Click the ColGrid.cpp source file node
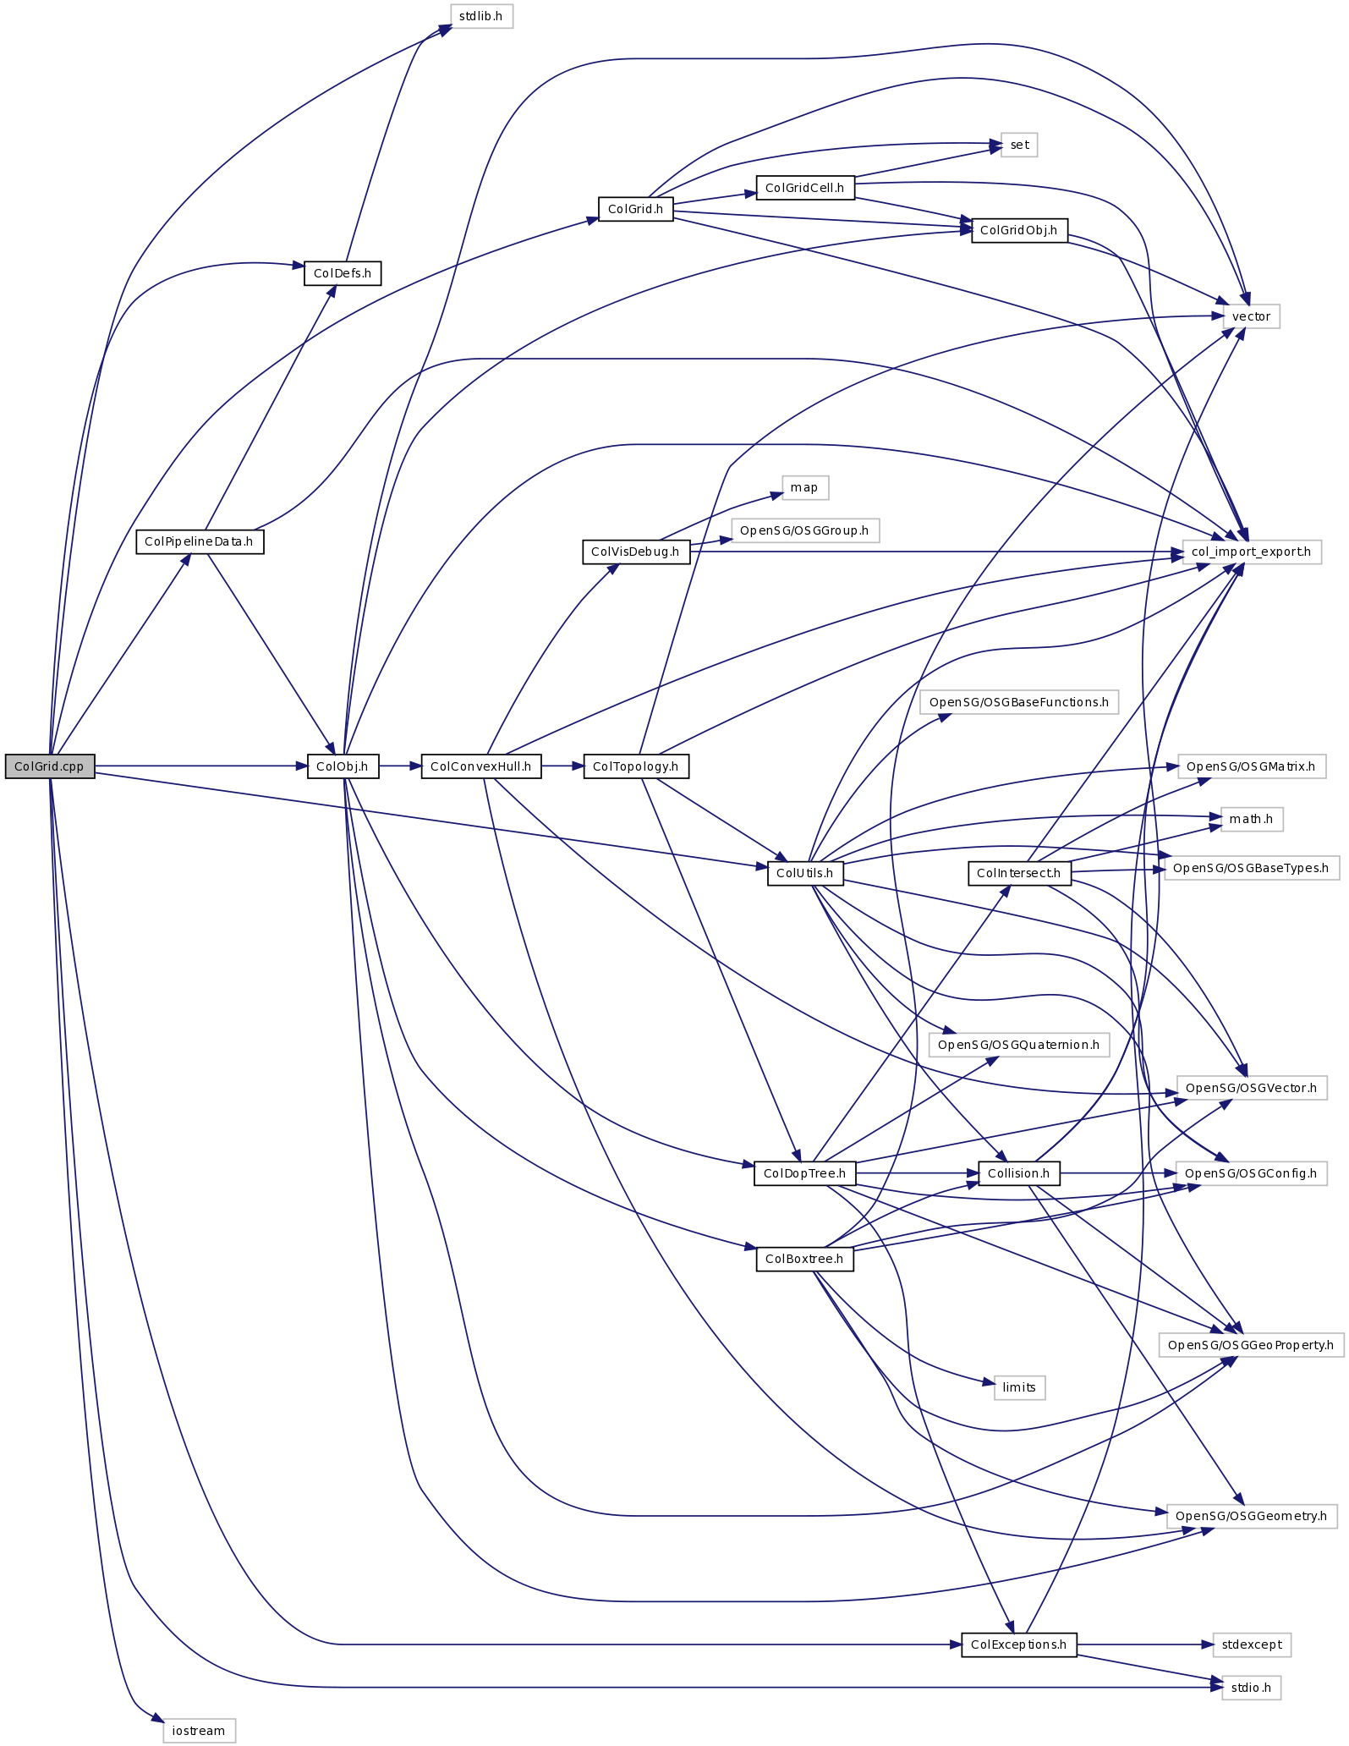[x=49, y=766]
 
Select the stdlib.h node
[x=480, y=16]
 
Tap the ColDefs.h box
[x=343, y=273]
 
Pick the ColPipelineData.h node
[x=200, y=541]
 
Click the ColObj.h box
[x=343, y=766]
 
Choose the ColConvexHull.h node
[x=480, y=766]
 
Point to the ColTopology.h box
[x=635, y=766]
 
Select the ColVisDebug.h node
[x=635, y=552]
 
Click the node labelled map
[x=804, y=487]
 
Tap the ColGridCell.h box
[x=804, y=188]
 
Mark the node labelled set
[x=1019, y=145]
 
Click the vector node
[x=1251, y=316]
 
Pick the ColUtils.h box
[x=804, y=873]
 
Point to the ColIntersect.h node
[x=1018, y=873]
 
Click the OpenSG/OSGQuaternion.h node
[x=1018, y=1045]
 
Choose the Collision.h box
[x=1018, y=1173]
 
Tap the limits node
[x=1019, y=1387]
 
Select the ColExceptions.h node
[x=1018, y=1644]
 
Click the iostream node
[x=199, y=1731]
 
